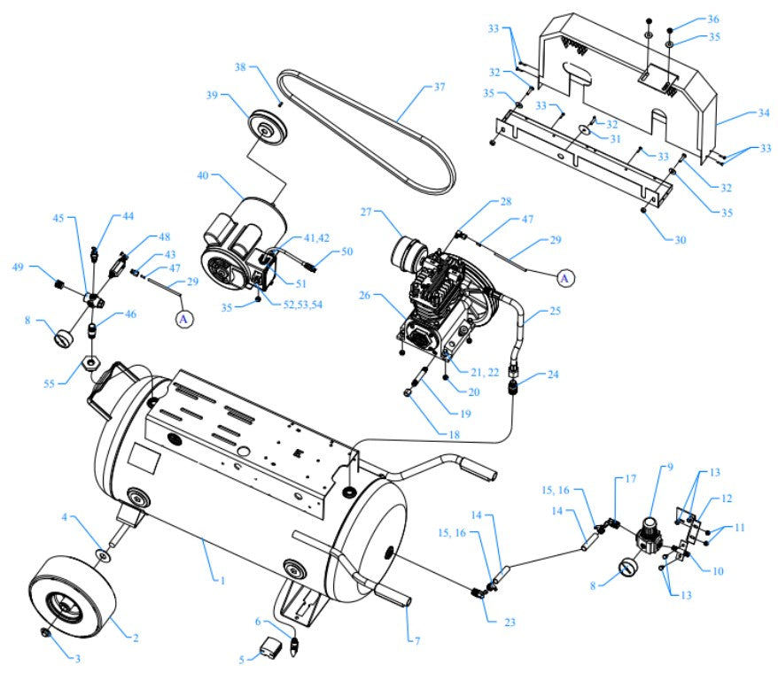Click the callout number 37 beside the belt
point(440,88)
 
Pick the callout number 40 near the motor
point(202,176)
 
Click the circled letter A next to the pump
point(565,278)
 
